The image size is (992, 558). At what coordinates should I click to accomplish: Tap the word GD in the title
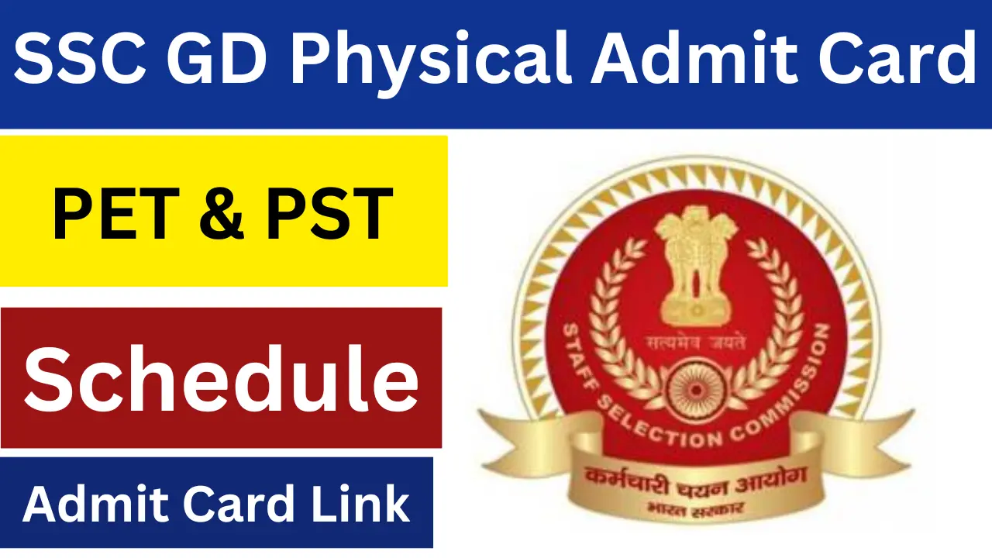(217, 57)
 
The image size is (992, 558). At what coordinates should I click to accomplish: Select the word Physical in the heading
(429, 62)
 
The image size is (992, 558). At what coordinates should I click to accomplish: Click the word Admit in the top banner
(694, 57)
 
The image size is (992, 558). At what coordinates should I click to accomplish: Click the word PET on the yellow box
(116, 214)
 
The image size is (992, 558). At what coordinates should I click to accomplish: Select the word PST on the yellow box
(329, 214)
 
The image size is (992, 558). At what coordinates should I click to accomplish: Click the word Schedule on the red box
(222, 379)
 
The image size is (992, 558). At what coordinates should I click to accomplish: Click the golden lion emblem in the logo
(696, 266)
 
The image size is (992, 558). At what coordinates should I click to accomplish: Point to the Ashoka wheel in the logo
(696, 390)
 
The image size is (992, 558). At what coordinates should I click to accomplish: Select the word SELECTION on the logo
(660, 425)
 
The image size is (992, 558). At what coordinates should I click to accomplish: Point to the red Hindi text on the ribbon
(695, 481)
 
